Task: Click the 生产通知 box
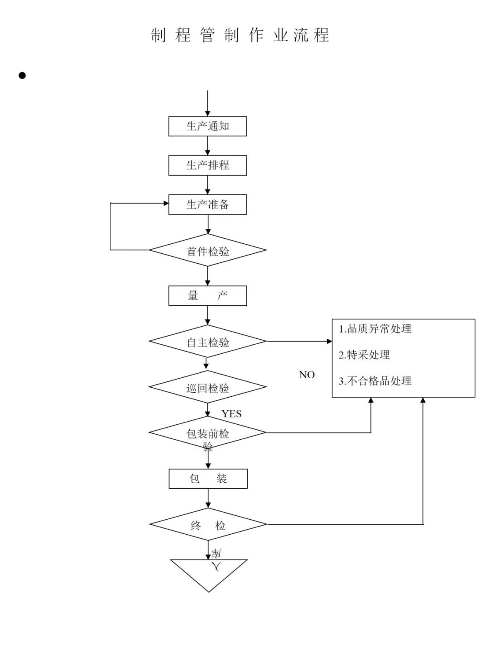click(x=207, y=126)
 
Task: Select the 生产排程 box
click(x=207, y=165)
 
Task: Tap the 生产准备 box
click(x=207, y=204)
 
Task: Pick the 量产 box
click(x=207, y=296)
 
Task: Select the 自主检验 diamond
click(x=207, y=342)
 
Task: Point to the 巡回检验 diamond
click(x=207, y=387)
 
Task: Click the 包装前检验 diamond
click(x=207, y=433)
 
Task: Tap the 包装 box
click(x=208, y=479)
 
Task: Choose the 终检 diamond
click(x=208, y=524)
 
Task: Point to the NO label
click(x=307, y=375)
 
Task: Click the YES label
click(x=231, y=413)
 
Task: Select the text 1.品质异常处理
click(x=375, y=329)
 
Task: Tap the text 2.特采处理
click(x=364, y=355)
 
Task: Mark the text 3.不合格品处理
click(x=375, y=381)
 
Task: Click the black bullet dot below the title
click(x=22, y=76)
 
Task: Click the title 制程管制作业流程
click(x=240, y=35)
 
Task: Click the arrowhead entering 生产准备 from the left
click(x=166, y=204)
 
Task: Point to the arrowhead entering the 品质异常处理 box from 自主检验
click(x=329, y=341)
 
